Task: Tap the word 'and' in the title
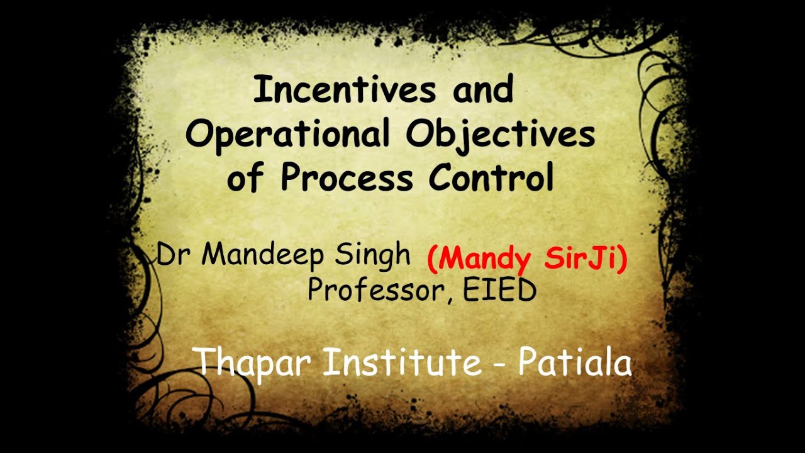482,90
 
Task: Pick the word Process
347,177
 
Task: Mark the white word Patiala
574,363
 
